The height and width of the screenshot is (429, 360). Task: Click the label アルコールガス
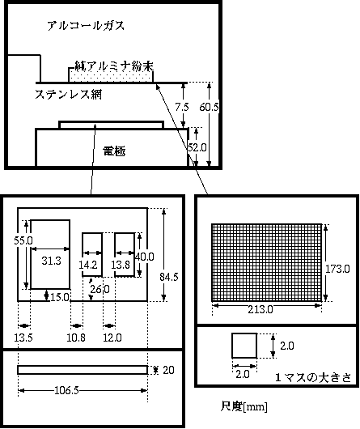pos(86,26)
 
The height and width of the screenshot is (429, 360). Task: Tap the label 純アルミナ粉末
pos(114,66)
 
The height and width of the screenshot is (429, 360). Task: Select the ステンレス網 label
pos(68,95)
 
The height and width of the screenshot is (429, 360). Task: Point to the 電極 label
pos(114,151)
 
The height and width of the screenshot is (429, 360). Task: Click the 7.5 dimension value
pos(182,107)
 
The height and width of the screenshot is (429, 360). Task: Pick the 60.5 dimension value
pos(209,107)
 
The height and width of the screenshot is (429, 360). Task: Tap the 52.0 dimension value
pos(197,148)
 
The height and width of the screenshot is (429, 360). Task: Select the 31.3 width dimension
pos(51,261)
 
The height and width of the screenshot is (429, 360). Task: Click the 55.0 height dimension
pos(23,240)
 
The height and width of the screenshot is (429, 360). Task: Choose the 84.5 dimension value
pos(169,277)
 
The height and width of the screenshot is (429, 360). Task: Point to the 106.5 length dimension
pos(66,390)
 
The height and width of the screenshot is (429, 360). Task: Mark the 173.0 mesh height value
pos(337,269)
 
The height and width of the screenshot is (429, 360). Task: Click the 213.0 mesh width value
pos(260,309)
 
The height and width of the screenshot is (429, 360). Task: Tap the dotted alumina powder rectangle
pos(111,75)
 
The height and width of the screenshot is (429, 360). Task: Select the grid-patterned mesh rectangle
pos(266,262)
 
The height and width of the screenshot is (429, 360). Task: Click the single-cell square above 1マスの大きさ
pos(244,346)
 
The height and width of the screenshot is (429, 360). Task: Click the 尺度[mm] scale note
pos(244,406)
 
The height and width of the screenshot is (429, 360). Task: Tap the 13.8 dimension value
pos(121,265)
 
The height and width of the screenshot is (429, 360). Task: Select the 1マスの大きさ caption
pos(313,377)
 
